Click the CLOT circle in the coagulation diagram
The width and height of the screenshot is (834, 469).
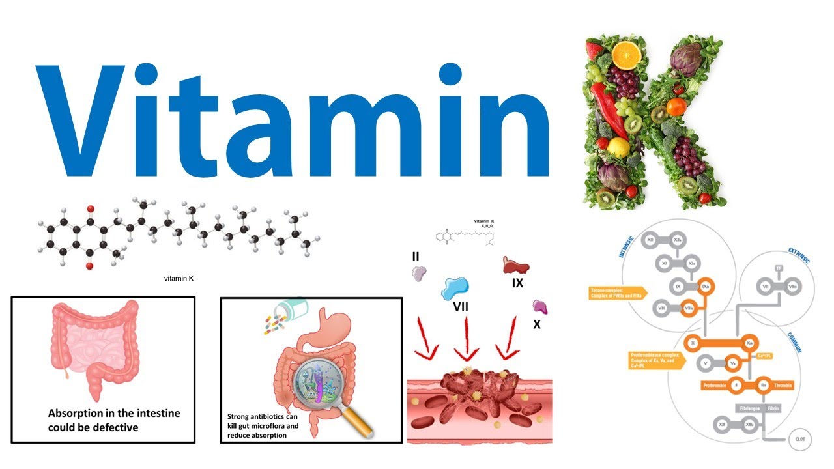[799, 439]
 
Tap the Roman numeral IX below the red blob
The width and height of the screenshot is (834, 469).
[517, 283]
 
